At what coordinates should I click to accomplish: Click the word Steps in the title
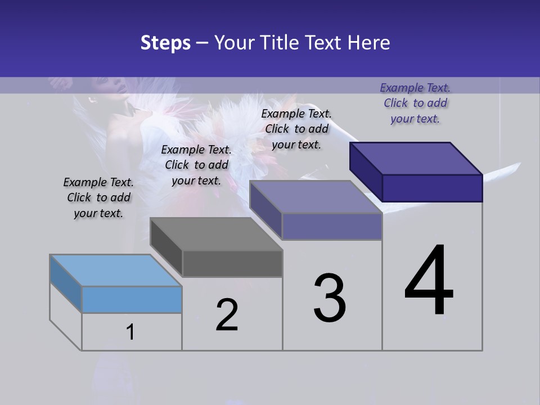coord(165,43)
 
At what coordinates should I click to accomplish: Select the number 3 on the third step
coord(330,298)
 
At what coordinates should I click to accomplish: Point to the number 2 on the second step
coord(227,315)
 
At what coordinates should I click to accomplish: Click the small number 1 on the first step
coord(130,332)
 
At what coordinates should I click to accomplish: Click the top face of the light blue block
coord(115,271)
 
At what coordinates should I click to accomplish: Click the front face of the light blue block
coord(132,299)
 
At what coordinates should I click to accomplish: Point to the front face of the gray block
coord(232,263)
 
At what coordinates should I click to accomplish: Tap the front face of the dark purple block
coord(432,188)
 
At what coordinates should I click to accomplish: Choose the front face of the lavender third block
coord(332,226)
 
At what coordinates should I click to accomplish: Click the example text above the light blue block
coord(98,198)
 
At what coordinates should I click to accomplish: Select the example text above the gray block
coord(196,165)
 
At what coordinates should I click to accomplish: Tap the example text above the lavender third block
coord(296,129)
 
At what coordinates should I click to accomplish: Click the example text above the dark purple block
coord(415,103)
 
